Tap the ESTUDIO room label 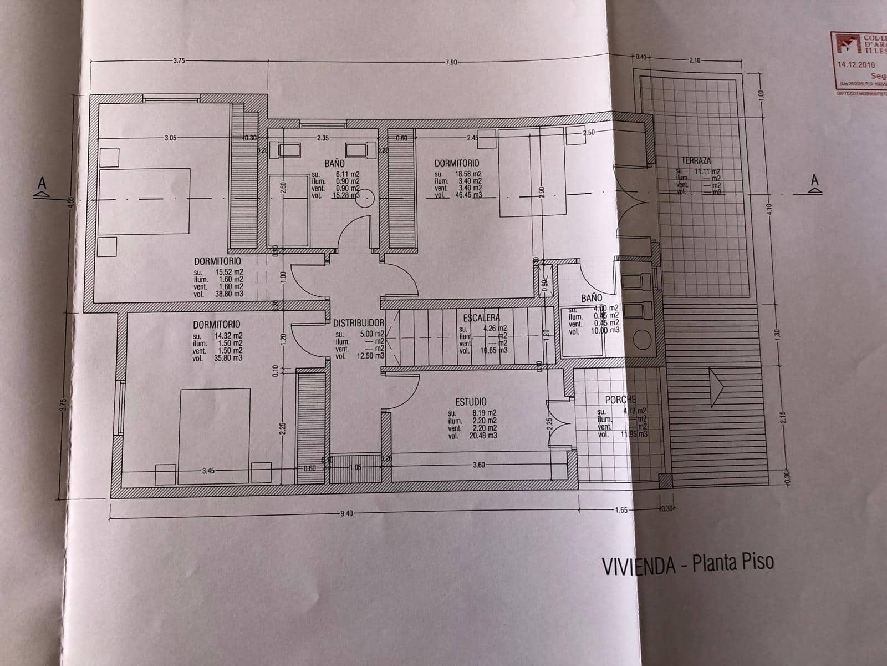(x=471, y=401)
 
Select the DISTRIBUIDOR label (x=359, y=323)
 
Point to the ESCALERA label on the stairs (x=481, y=318)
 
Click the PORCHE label (x=620, y=400)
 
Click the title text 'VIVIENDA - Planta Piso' (x=687, y=564)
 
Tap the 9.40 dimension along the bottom (x=346, y=513)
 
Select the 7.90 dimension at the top (x=450, y=62)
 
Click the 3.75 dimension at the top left (x=178, y=61)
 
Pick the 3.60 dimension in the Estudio (x=478, y=465)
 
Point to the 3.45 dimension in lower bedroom (x=208, y=471)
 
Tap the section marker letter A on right (x=814, y=179)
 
